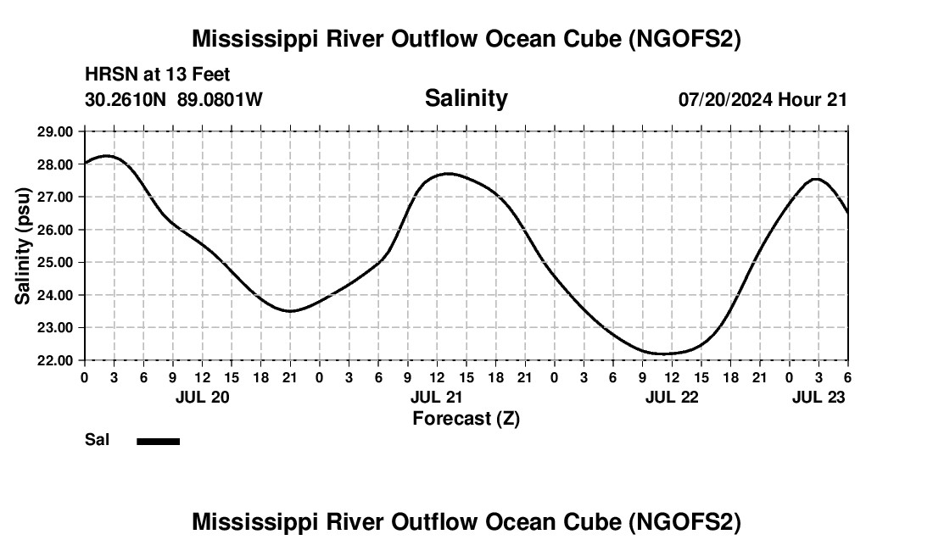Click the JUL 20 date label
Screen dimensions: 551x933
point(202,397)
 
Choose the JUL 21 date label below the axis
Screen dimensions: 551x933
point(437,397)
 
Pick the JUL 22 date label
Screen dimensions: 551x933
point(672,397)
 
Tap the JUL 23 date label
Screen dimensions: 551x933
point(818,397)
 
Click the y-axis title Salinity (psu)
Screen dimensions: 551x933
point(24,246)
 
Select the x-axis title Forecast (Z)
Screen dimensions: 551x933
point(466,418)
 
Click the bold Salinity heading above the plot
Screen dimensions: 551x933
point(466,98)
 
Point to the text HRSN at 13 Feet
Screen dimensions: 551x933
point(158,75)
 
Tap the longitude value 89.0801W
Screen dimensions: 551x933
point(220,99)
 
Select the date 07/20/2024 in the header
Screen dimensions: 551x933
point(725,99)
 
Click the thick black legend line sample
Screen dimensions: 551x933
point(159,441)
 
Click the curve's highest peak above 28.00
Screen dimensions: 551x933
point(106,156)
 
